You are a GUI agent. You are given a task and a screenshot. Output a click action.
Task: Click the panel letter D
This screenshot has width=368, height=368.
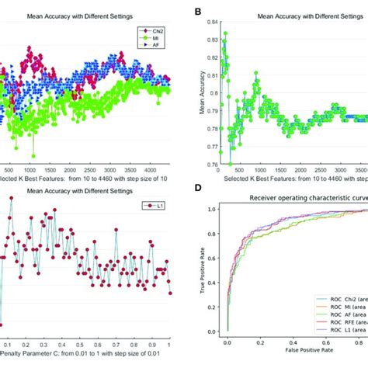(199, 189)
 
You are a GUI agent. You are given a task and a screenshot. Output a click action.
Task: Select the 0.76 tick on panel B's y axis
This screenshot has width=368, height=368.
(208, 165)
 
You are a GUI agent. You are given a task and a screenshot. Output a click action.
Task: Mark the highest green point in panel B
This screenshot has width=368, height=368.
(225, 33)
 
